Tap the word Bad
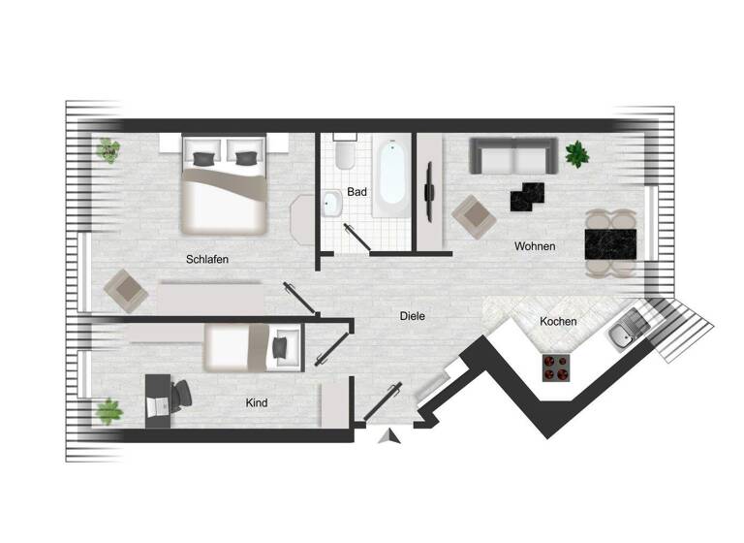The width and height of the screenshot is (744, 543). pos(356,192)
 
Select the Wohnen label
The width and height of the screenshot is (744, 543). pos(535,246)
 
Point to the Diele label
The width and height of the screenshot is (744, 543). pos(413,316)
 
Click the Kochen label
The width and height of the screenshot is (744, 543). pos(559,322)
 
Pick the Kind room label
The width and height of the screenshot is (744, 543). pos(257,402)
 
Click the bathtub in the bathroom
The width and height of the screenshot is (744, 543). pos(391,174)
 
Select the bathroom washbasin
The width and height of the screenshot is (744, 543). pos(331,204)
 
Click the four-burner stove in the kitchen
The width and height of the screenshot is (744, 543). pos(556,367)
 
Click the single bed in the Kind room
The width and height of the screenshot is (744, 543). pos(250,347)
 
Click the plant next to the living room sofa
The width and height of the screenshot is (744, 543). pos(577,152)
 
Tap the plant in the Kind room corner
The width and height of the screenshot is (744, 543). pos(108,411)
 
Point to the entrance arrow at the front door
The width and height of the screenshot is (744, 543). pos(390,436)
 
